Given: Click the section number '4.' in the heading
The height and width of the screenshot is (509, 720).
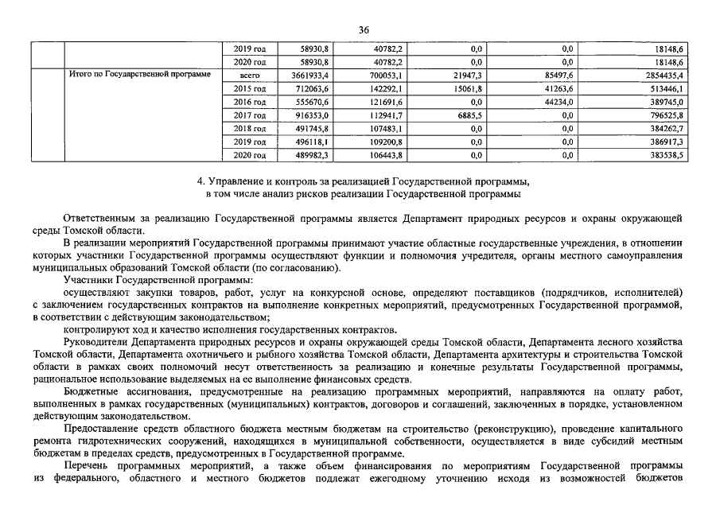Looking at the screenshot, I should (201, 181).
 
